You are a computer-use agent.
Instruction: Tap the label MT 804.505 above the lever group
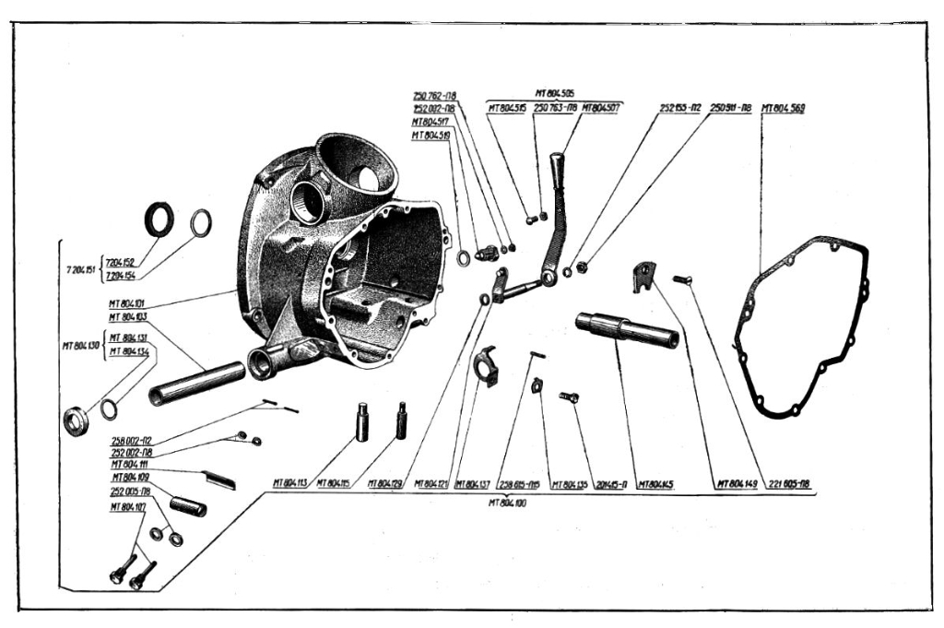pyautogui.click(x=554, y=93)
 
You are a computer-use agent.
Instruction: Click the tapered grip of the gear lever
pyautogui.click(x=558, y=170)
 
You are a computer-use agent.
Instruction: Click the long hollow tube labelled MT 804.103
pyautogui.click(x=195, y=383)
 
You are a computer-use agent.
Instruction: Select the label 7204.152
pyautogui.click(x=120, y=262)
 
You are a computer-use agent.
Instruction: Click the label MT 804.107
pyautogui.click(x=127, y=506)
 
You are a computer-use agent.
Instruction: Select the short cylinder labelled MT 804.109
pyautogui.click(x=187, y=505)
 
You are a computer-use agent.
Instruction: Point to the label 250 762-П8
pyautogui.click(x=441, y=95)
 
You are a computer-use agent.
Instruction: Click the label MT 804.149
pyautogui.click(x=737, y=483)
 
